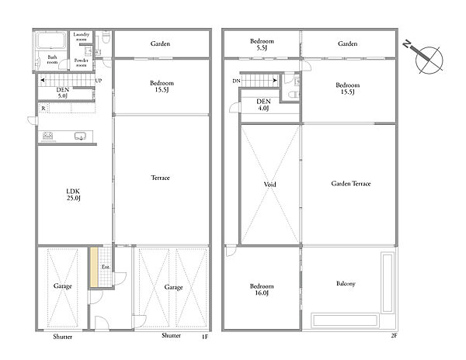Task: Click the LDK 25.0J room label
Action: (74, 195)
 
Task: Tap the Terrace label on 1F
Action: (160, 178)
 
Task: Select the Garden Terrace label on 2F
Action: (351, 183)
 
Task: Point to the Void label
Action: (270, 185)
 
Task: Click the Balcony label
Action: (346, 283)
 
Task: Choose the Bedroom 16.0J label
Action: (262, 289)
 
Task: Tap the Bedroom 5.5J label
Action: (262, 44)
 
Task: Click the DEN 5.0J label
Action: (63, 92)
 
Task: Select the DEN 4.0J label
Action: (263, 105)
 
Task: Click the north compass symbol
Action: (426, 58)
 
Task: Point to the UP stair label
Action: (99, 81)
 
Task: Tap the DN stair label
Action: (236, 81)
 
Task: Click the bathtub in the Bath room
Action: (50, 40)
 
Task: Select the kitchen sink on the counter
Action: (80, 137)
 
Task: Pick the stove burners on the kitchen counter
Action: (47, 136)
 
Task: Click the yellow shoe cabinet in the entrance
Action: (94, 267)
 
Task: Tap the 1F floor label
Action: (205, 337)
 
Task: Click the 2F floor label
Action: (394, 336)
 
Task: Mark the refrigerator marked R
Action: (43, 109)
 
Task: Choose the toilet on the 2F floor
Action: (294, 95)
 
